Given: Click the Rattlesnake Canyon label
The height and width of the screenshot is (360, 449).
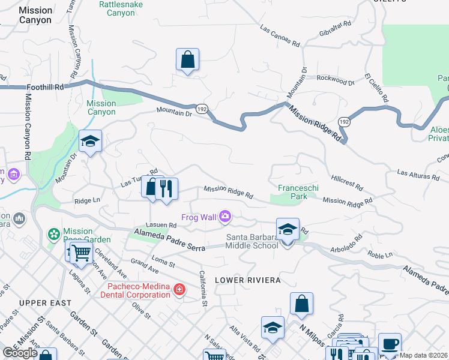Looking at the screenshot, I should point(125,8).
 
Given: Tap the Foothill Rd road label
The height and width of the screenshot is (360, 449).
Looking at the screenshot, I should point(46,87).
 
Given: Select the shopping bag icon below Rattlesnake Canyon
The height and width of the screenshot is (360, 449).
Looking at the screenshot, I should point(187,59).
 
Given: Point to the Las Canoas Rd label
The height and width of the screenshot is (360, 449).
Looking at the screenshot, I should point(280,36).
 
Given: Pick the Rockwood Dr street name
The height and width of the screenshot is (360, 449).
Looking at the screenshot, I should point(331,79).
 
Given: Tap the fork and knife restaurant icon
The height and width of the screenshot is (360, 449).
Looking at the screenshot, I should point(166,188).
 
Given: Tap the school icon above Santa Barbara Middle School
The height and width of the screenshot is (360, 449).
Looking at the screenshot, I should point(288,230).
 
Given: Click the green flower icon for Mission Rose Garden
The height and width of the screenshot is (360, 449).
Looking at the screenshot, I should point(54,233).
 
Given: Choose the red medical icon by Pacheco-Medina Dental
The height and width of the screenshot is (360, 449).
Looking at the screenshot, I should point(178,290).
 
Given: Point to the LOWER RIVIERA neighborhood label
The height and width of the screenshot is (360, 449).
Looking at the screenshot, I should point(240,280).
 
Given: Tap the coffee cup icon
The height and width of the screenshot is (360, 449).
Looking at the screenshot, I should point(390,344).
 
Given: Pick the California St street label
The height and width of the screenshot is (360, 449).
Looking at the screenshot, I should point(203,287).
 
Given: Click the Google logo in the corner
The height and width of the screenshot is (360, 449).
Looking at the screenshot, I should point(20,353).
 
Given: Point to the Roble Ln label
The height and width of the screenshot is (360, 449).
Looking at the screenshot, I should point(380,254).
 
